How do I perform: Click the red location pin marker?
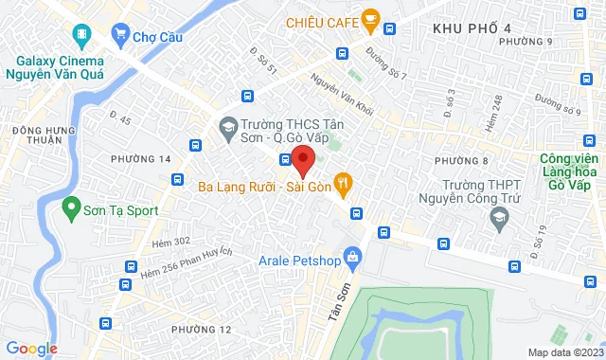click(x=302, y=160)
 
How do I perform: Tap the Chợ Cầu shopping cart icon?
click(x=120, y=35)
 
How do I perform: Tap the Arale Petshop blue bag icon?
click(x=353, y=256)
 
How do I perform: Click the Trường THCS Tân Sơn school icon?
click(x=228, y=126)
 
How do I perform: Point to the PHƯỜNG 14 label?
click(x=140, y=158)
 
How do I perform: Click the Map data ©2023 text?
click(x=563, y=352)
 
